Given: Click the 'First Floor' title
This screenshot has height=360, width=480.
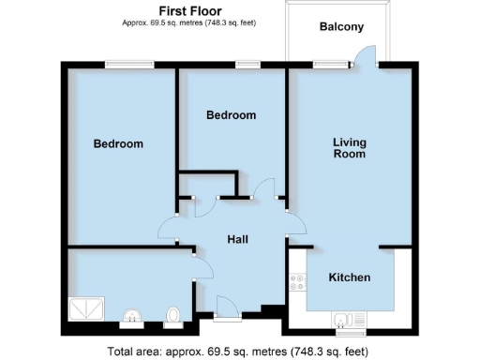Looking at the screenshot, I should [x=189, y=10].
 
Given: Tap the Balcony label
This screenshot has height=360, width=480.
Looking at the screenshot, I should [x=341, y=27].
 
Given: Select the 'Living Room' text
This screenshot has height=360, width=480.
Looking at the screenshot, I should [x=350, y=148].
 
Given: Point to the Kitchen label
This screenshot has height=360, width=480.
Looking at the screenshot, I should [x=349, y=277].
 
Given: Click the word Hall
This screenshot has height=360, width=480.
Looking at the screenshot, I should [x=238, y=240].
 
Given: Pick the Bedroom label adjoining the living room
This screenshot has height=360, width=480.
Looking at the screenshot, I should [x=231, y=115].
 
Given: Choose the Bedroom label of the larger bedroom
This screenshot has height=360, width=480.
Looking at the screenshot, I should [x=118, y=144].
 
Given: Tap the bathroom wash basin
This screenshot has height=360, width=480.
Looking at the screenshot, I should [x=133, y=316].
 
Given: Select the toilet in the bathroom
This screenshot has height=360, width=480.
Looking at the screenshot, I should [x=172, y=316].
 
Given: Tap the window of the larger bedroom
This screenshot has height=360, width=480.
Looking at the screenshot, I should [x=129, y=65].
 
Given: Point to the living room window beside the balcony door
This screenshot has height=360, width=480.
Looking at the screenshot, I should [x=327, y=65].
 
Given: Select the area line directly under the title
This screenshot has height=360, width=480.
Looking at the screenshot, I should [x=189, y=22].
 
